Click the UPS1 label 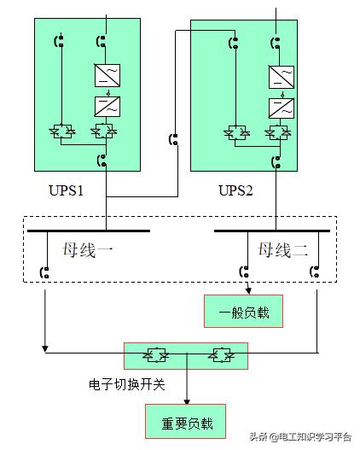[66, 189]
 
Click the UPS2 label [236, 189]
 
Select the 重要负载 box [187, 422]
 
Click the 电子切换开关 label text [126, 384]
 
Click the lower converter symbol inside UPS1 [107, 107]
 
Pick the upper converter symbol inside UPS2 [281, 78]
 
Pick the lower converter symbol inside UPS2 [281, 108]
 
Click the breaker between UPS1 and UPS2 [174, 139]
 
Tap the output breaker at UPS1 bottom [102, 160]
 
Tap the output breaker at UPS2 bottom [276, 161]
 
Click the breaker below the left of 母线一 [44, 272]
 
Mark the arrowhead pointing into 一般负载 [247, 292]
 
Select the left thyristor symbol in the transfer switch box [158, 354]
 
